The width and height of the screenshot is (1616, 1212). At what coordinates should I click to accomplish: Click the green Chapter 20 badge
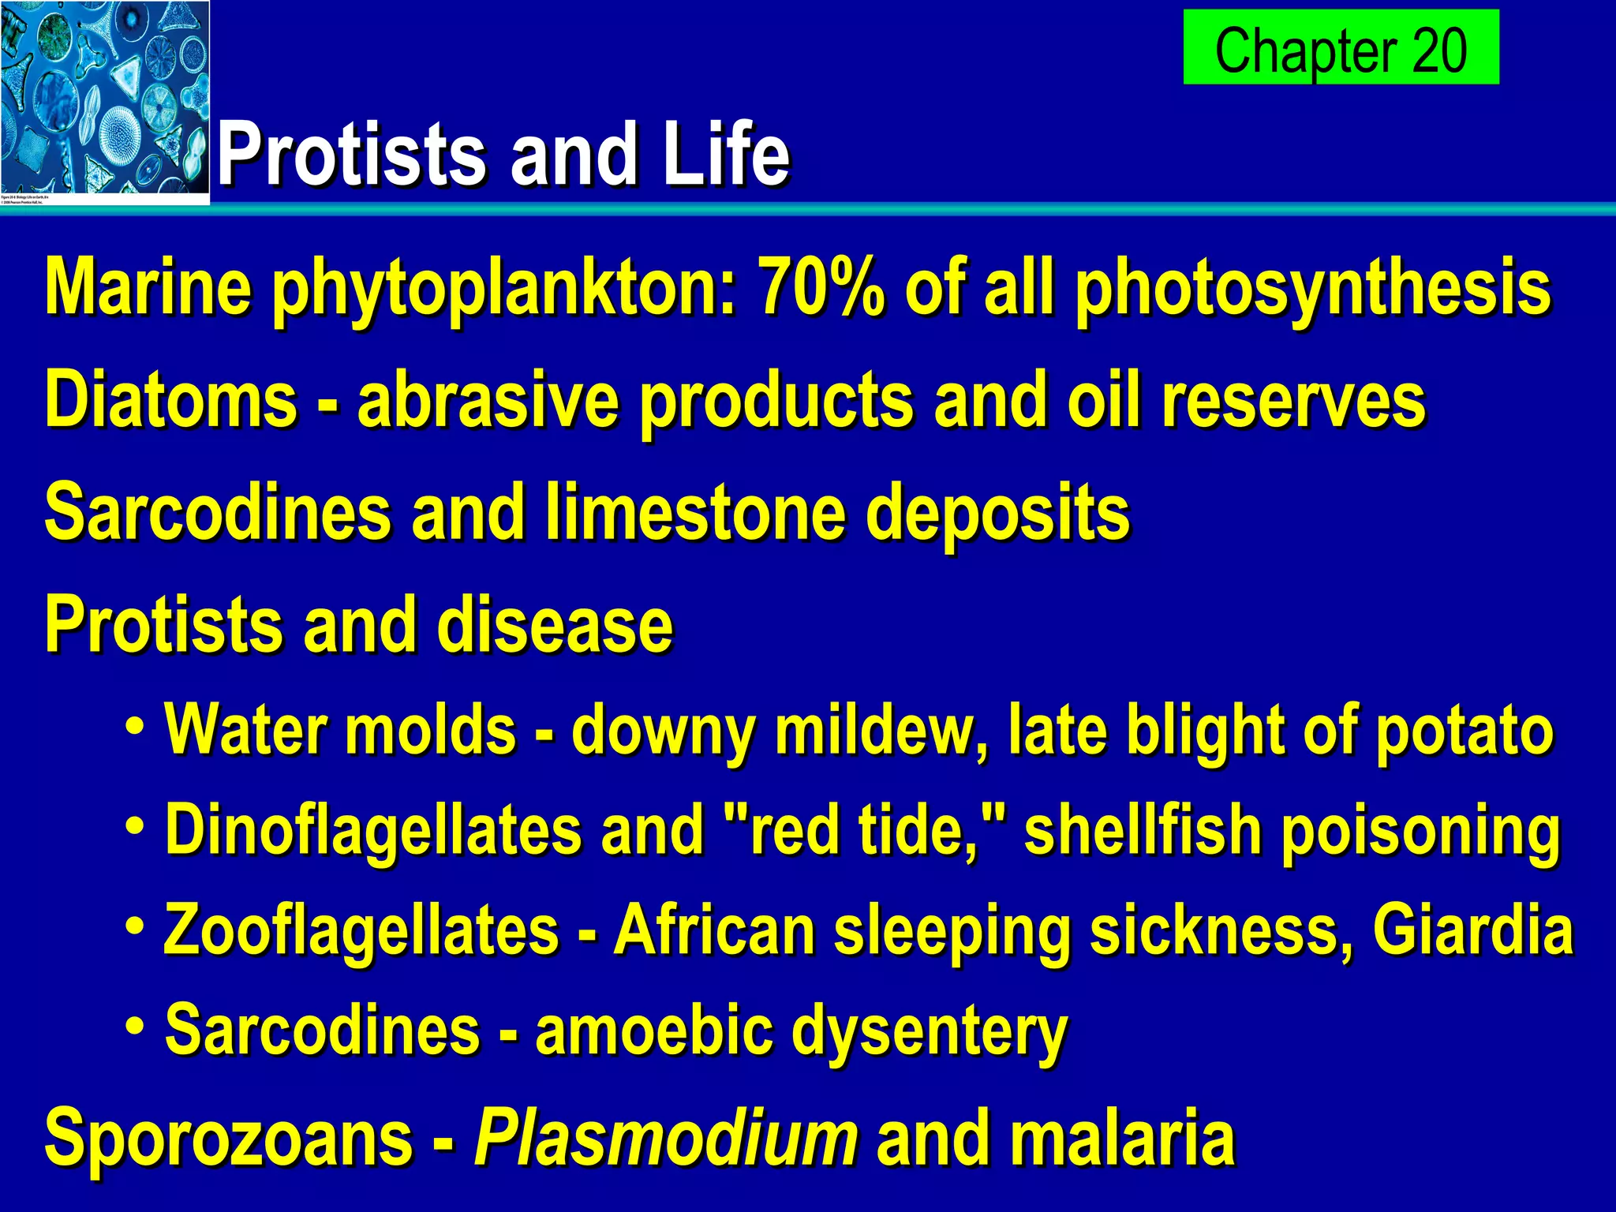(1341, 47)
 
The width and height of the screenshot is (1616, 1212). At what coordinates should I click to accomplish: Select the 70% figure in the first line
(821, 288)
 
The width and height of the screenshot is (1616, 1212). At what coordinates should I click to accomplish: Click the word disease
(555, 625)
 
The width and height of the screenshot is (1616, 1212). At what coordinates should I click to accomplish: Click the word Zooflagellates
(361, 931)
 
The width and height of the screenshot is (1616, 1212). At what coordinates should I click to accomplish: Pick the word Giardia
(1472, 931)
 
